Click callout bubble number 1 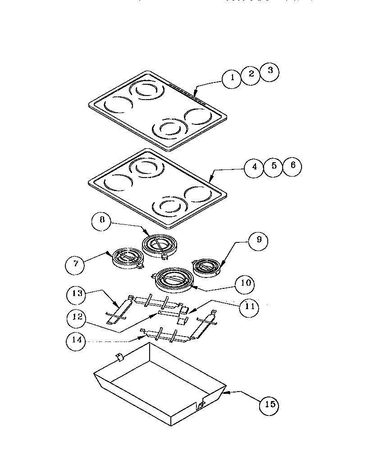233,78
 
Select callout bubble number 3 270,71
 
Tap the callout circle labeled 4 255,167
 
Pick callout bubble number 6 293,165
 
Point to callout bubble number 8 102,220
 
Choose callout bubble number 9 258,240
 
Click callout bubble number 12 77,317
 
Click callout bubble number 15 269,405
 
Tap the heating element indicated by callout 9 206,266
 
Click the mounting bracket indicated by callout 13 118,310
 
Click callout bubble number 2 252,74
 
